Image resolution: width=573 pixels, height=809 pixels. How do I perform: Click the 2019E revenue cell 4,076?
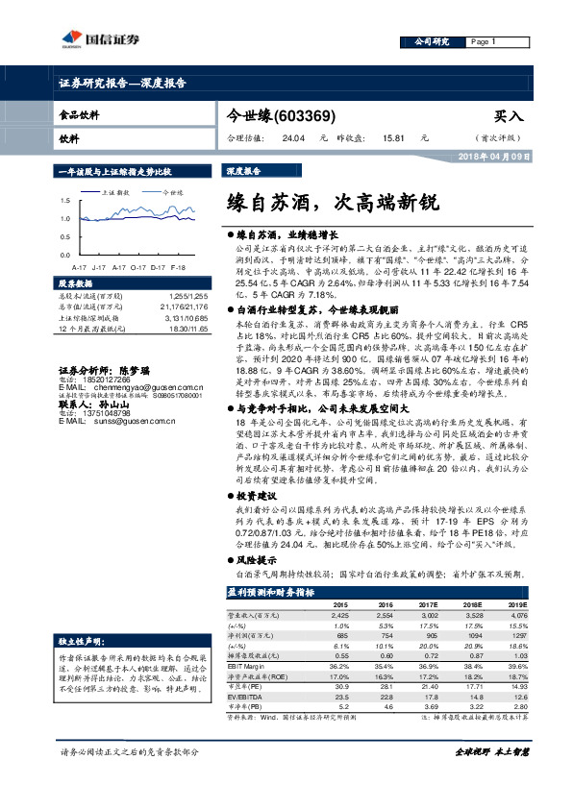point(516,614)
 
